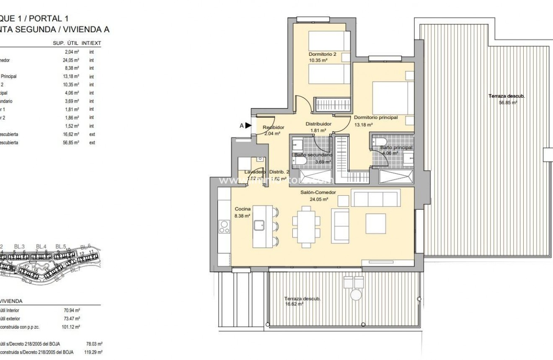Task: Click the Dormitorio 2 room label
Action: pyautogui.click(x=323, y=54)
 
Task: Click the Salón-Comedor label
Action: pyautogui.click(x=318, y=192)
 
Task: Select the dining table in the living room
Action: pyautogui.click(x=306, y=226)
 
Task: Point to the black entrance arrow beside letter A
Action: pyautogui.click(x=248, y=125)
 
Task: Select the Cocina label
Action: pyautogui.click(x=242, y=209)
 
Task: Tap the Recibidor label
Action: pyautogui.click(x=274, y=127)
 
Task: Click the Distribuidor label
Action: pyautogui.click(x=318, y=124)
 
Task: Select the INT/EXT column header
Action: pyautogui.click(x=92, y=43)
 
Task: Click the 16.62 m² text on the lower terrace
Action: pyautogui.click(x=294, y=304)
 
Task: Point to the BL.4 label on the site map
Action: pyautogui.click(x=41, y=246)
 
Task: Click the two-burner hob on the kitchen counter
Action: pyautogui.click(x=224, y=227)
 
